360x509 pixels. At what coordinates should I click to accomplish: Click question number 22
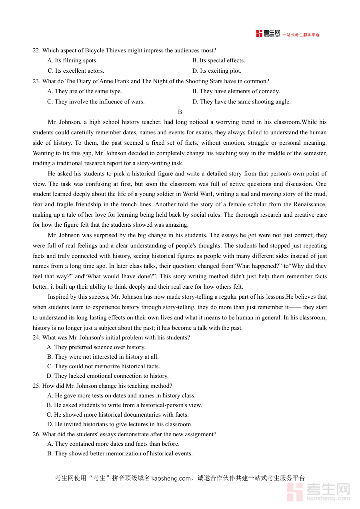36,50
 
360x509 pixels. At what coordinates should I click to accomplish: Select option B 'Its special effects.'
218,60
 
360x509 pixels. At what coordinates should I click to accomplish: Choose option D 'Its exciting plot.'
217,71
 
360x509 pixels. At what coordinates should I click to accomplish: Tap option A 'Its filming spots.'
72,60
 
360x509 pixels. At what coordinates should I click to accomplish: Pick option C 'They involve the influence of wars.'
96,102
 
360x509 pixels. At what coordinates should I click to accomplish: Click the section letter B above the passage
180,112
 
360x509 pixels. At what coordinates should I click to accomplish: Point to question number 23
36,81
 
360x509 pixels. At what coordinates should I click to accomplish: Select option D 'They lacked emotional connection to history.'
108,376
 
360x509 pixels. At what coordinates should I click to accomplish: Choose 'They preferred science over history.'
96,347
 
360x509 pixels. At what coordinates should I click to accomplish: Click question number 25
36,386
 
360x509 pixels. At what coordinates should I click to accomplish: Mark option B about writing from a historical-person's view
124,405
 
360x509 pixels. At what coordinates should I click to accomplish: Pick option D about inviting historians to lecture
120,424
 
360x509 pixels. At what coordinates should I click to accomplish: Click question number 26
36,434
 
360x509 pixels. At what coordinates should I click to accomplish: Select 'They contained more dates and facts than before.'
113,444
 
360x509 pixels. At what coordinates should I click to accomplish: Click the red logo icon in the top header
260,34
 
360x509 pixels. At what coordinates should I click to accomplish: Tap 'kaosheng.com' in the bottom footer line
171,478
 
